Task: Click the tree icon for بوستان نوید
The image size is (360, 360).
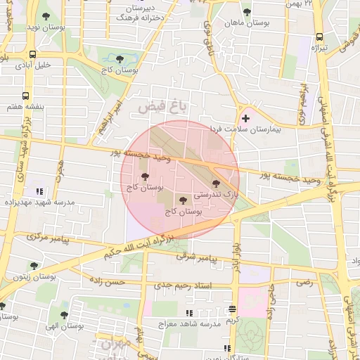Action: coord(46,15)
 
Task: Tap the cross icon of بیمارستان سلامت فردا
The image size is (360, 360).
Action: coord(245,118)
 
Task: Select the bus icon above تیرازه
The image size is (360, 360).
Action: coord(320,37)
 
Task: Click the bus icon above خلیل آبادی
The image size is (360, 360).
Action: coord(33,53)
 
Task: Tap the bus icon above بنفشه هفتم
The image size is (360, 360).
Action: coord(25,95)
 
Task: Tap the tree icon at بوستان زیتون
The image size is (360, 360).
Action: coord(34,265)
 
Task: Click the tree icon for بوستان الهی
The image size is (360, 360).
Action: coord(64,316)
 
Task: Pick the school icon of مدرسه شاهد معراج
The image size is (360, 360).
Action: coord(188,313)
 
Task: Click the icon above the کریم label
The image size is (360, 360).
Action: coord(232,309)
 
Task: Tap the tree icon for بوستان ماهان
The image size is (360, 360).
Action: coord(246,12)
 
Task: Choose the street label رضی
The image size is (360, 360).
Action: coord(304,282)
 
